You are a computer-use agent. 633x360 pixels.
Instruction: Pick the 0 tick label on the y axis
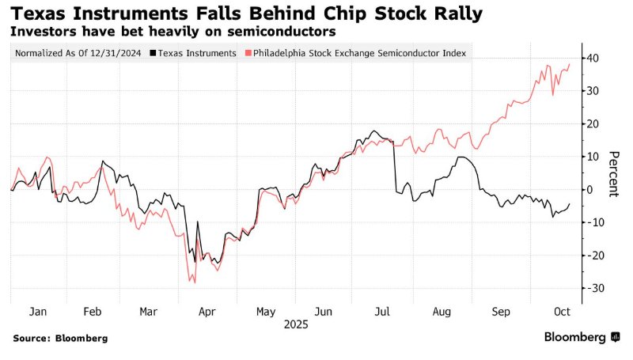click(589, 190)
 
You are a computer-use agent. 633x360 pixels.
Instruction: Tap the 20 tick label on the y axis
click(593, 124)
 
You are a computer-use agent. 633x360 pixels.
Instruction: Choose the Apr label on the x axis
click(207, 312)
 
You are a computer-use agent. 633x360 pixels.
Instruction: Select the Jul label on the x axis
click(382, 312)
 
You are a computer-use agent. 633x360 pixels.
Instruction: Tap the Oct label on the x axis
click(559, 312)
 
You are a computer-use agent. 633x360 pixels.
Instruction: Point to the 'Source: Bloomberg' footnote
click(60, 338)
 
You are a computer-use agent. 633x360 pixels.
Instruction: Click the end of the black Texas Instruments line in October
click(570, 203)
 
